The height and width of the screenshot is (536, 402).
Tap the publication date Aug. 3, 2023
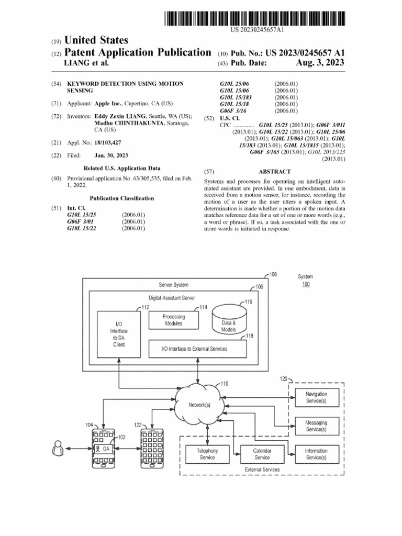[x=320, y=63]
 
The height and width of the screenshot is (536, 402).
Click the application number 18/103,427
[x=111, y=142]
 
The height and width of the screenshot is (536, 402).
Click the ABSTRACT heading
[x=274, y=171]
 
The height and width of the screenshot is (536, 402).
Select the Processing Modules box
[x=173, y=320]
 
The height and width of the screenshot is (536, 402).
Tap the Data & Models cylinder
[x=228, y=322]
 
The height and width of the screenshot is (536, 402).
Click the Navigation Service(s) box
[x=316, y=397]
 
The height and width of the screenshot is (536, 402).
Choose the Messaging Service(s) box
[x=316, y=426]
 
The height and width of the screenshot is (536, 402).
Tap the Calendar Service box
[x=262, y=454]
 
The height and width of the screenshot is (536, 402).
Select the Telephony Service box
[x=207, y=454]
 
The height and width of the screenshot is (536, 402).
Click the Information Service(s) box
[x=316, y=454]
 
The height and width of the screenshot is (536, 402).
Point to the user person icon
[x=58, y=449]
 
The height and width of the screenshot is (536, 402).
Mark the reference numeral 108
[x=273, y=274]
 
